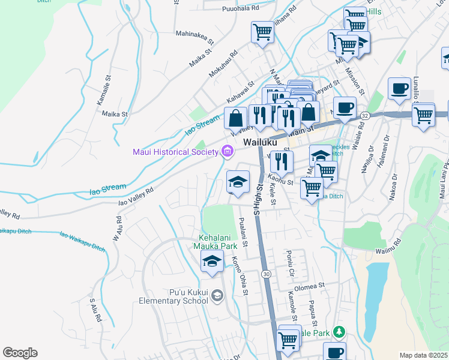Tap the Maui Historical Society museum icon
point(227,151)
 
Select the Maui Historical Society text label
point(175,152)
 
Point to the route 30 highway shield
point(265,273)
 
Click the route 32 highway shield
point(364,115)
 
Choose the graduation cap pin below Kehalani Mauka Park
point(211,262)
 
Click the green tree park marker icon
point(339,332)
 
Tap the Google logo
point(20,353)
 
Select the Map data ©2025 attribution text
point(424,355)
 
